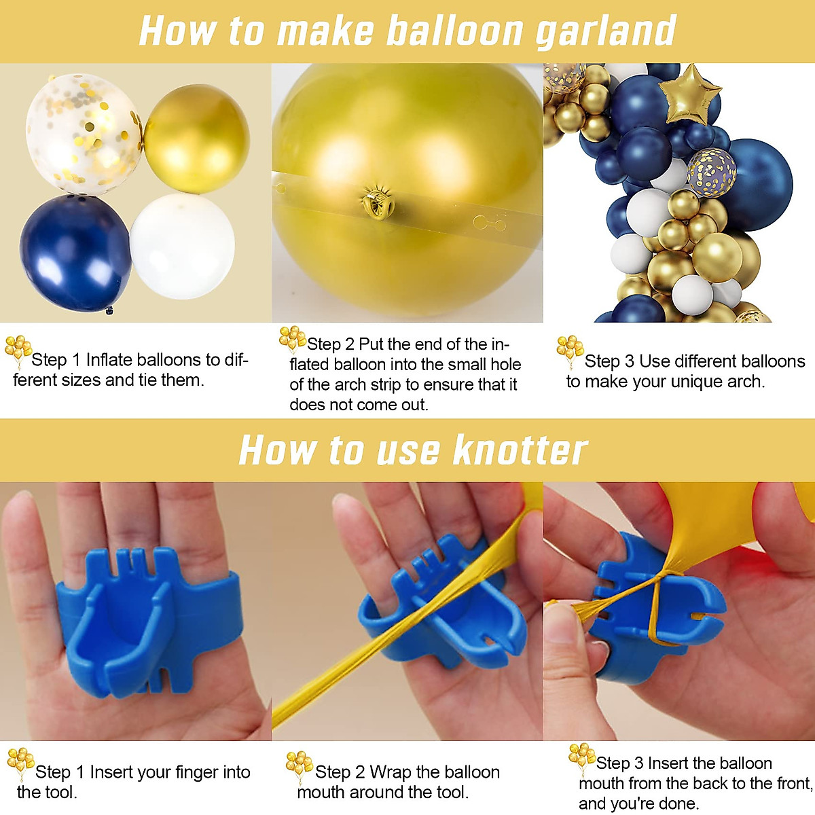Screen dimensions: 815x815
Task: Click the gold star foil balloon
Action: [690, 94]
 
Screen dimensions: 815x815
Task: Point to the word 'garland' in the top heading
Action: [606, 31]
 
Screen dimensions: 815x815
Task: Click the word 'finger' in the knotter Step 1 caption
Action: [194, 772]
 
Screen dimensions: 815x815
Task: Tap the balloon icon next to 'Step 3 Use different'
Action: [570, 349]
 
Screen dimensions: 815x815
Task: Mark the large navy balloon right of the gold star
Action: [757, 183]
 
